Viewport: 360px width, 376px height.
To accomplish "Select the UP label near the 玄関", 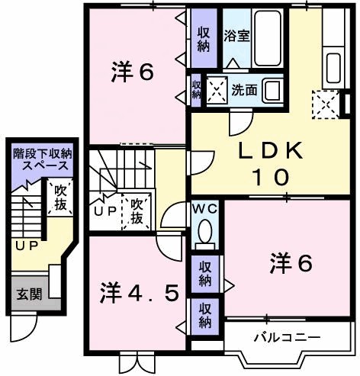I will pos(27,246).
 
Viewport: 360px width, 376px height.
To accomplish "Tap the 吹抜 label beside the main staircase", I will pos(137,210).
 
